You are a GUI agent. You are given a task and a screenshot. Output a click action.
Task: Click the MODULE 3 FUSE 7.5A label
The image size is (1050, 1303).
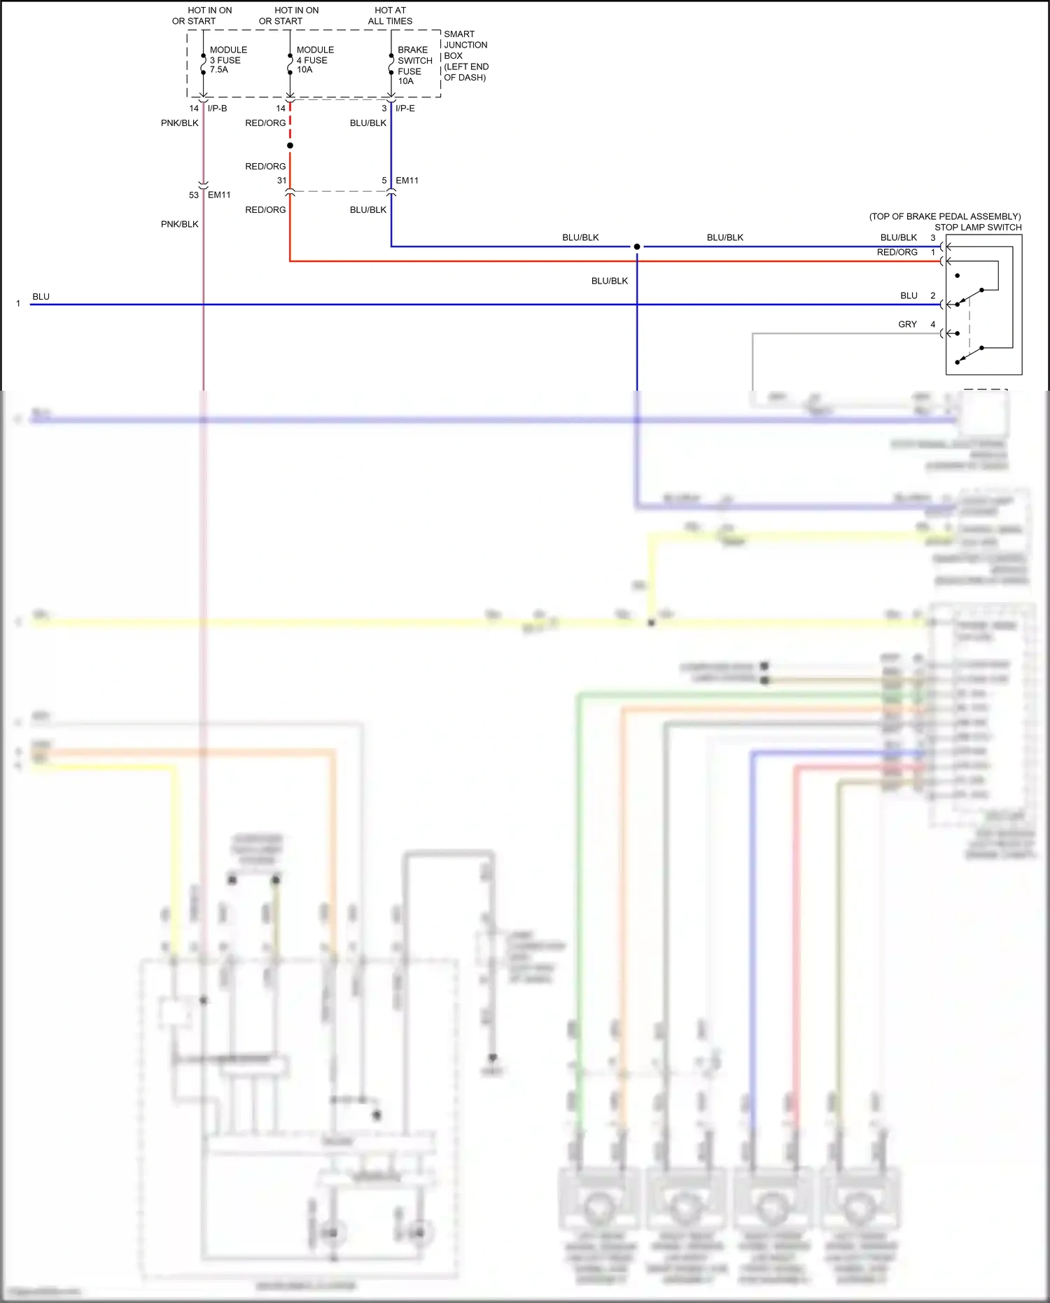click(227, 60)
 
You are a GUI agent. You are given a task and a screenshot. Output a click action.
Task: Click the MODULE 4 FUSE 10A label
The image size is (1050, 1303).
click(314, 60)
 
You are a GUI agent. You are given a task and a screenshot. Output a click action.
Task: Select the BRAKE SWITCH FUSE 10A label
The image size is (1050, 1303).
click(414, 65)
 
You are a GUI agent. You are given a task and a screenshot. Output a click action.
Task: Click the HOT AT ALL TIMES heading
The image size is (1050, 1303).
click(390, 15)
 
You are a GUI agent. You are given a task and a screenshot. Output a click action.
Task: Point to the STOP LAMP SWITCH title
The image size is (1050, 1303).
click(977, 227)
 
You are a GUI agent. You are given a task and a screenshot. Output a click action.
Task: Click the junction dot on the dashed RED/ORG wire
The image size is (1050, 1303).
click(290, 146)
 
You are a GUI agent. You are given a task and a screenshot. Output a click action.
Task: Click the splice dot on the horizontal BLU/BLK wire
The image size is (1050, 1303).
click(637, 246)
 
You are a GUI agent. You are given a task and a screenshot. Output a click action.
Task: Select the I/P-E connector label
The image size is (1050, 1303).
click(405, 109)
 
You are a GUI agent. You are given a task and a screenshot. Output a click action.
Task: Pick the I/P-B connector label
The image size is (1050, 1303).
click(217, 109)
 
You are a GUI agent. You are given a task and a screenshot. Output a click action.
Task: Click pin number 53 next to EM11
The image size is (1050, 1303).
click(194, 195)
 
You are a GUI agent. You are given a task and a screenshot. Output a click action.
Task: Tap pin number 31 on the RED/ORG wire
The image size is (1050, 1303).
click(281, 181)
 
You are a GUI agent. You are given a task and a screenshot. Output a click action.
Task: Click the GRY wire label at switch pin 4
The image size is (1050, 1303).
click(907, 324)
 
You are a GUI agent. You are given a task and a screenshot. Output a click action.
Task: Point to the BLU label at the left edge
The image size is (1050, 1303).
click(41, 297)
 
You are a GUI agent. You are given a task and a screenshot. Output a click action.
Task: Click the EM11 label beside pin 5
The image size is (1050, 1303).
click(407, 181)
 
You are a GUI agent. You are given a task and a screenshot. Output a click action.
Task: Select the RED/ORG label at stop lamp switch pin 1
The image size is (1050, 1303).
click(897, 252)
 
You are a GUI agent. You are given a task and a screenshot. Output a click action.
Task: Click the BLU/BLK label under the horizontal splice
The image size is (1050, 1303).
click(609, 281)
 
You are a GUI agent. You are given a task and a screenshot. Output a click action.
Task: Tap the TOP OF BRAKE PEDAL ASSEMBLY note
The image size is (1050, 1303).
click(944, 216)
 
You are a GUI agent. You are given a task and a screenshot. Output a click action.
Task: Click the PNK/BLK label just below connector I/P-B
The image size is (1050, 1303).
click(179, 123)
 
